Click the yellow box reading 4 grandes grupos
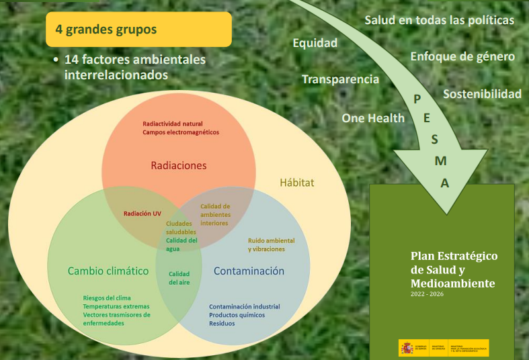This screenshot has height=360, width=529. tap(138, 30)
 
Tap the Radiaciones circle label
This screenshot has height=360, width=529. tap(178, 165)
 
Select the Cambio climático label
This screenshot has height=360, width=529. tap(108, 271)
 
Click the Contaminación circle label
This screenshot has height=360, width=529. tap(249, 271)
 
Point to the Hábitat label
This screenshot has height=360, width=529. tap(296, 182)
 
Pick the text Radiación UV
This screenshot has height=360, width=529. tap(142, 214)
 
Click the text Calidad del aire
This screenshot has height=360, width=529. tap(179, 278)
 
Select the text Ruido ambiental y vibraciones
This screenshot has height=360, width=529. tap(271, 244)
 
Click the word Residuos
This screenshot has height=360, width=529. tap(222, 323)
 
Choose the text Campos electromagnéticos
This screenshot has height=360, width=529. tap(181, 132)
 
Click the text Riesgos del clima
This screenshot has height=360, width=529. tap(107, 298)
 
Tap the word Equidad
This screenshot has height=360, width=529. tap(315, 43)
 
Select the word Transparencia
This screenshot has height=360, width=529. tap(340, 79)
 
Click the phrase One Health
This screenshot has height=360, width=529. tap(373, 118)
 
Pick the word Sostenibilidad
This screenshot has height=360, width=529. tap(482, 94)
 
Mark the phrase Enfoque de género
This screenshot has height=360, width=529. tap(462, 56)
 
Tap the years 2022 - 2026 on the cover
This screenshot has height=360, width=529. tap(427, 294)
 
